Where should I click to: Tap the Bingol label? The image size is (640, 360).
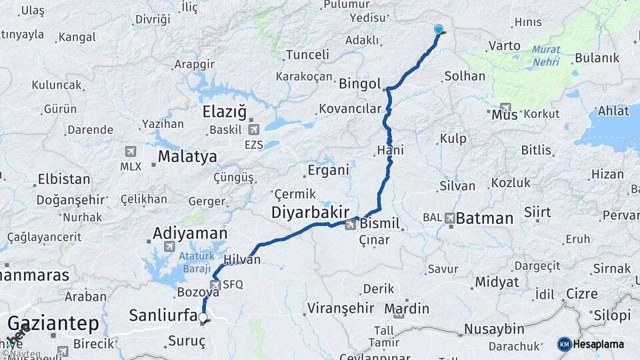pos(359,85)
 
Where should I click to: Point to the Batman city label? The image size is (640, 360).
pos(485,218)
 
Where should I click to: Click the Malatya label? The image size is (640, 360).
pos(187,157)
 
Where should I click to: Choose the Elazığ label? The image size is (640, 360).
pos(224,111)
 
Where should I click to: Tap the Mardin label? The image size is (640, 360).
pos(407,309)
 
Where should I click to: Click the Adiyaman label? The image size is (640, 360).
pos(190,233)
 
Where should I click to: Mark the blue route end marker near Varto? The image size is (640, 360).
pos(439,29)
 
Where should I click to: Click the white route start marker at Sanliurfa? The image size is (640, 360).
pos(203,319)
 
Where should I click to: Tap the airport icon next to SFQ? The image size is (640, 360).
pos(215,285)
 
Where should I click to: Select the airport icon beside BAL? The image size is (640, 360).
pos(449,218)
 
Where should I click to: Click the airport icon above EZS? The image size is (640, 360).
pos(253,129)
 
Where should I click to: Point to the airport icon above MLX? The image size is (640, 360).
pos(130,152)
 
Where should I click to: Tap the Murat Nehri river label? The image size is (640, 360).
pos(546,55)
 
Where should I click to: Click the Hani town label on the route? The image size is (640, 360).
pos(390,151)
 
